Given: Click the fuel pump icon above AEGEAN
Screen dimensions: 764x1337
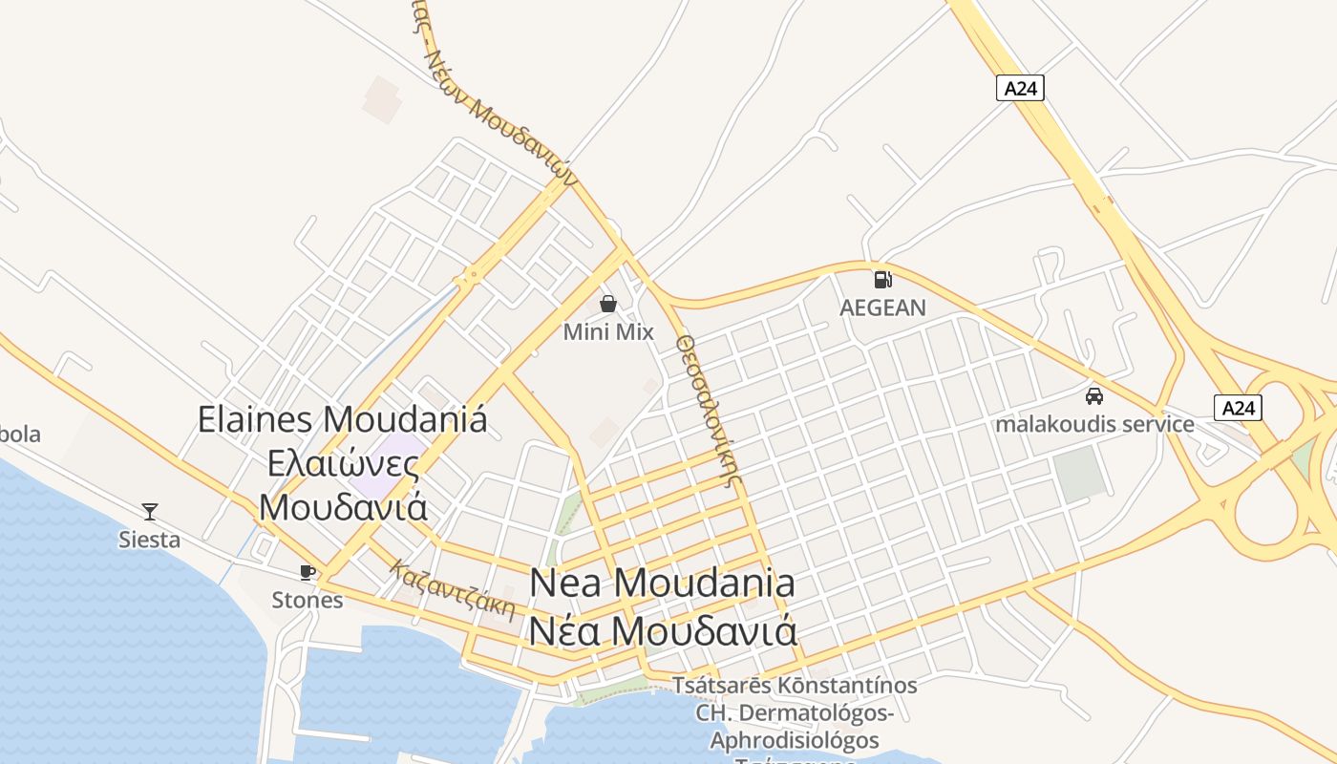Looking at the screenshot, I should tap(883, 280).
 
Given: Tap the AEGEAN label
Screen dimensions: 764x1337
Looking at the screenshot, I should tap(882, 308).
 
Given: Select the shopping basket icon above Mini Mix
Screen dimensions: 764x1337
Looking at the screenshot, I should tap(608, 304).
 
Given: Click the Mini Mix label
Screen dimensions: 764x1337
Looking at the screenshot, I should tap(608, 332).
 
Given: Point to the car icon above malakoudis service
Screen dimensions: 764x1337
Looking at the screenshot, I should tap(1094, 395).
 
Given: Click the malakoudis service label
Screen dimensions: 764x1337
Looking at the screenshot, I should tap(1094, 424).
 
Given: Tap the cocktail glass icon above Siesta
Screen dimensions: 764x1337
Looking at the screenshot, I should tap(150, 511).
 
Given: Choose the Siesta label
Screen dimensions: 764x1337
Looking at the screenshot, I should tap(149, 540).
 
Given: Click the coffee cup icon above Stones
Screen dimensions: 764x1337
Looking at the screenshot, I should tap(307, 571).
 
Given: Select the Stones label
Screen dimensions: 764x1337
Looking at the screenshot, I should tap(308, 600).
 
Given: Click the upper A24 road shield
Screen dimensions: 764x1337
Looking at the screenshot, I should tap(1020, 89).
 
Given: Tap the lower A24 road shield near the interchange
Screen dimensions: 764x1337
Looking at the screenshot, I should tap(1238, 408).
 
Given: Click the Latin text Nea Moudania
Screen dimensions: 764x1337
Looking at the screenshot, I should tap(662, 583).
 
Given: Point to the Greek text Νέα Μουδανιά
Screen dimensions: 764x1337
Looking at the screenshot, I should tap(663, 631).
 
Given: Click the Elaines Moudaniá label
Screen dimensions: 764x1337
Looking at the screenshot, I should tap(343, 419).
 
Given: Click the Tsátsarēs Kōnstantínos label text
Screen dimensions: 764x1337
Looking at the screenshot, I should tap(795, 686).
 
